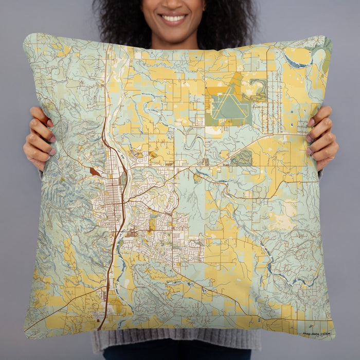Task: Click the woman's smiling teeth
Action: pyautogui.click(x=174, y=18)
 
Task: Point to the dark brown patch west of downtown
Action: pyautogui.click(x=95, y=172)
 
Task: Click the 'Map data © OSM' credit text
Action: pyautogui.click(x=316, y=333)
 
